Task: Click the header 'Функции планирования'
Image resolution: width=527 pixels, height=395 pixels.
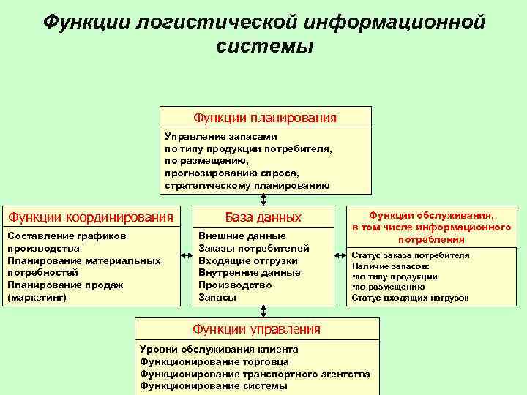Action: click(x=265, y=117)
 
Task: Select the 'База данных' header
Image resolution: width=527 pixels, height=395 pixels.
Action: click(x=263, y=217)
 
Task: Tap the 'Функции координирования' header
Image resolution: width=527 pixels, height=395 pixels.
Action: click(x=90, y=217)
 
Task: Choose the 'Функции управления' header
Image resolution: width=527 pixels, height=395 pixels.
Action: click(x=256, y=329)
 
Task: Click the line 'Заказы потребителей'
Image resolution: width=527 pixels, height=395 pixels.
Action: click(x=254, y=248)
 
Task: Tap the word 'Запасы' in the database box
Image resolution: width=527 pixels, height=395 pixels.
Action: click(x=217, y=298)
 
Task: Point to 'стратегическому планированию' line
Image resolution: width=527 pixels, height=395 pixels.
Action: click(x=247, y=186)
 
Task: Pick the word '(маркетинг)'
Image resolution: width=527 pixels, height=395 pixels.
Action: click(x=36, y=298)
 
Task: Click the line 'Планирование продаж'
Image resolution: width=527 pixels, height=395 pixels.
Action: click(x=64, y=285)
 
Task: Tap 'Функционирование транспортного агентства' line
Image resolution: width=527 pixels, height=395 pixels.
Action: click(x=255, y=374)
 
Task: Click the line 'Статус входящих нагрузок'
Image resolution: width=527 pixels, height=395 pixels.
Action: click(x=410, y=298)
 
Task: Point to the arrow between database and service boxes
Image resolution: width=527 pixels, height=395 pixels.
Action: click(x=341, y=255)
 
